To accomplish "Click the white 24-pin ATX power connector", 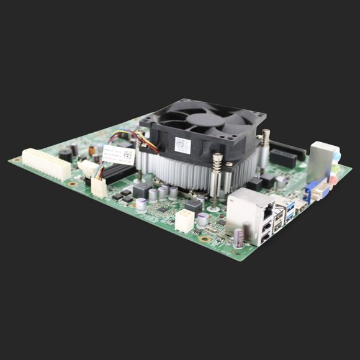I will (x=47, y=163).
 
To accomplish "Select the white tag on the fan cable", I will (x=118, y=155).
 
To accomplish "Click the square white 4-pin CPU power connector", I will (x=184, y=220).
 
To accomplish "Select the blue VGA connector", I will (x=317, y=191).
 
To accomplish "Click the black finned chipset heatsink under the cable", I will (x=118, y=172).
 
